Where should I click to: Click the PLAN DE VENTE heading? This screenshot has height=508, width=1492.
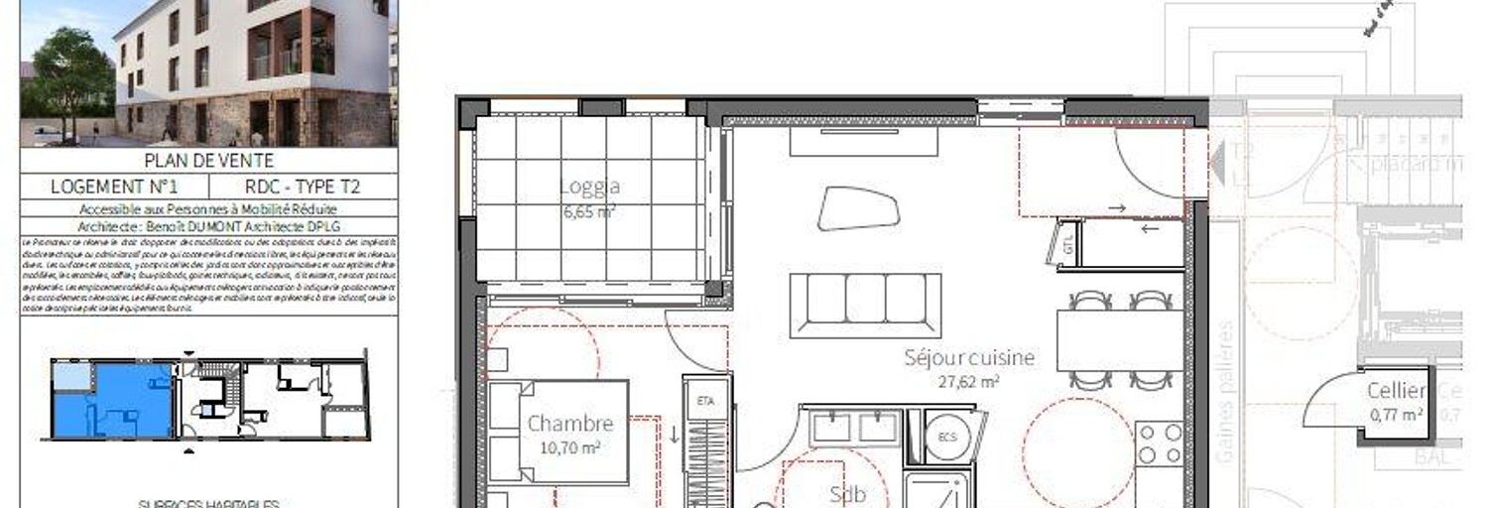(208, 161)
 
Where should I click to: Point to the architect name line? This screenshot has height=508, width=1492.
(208, 225)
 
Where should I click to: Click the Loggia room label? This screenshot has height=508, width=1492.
(589, 186)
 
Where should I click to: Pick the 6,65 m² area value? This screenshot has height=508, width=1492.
(589, 210)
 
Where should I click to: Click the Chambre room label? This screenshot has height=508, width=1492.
(569, 424)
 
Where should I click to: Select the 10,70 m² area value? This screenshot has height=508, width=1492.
(569, 447)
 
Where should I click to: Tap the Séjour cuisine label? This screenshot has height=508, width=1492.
(969, 357)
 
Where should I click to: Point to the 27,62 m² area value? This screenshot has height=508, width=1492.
(969, 380)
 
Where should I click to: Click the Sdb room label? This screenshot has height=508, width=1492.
(847, 494)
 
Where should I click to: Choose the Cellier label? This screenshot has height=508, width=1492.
(1396, 391)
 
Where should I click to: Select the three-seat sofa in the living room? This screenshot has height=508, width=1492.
(865, 304)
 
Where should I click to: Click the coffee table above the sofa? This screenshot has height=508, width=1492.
(858, 208)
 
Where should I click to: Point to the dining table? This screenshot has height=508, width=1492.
(1120, 340)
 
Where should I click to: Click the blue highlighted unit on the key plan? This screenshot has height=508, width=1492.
(111, 400)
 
